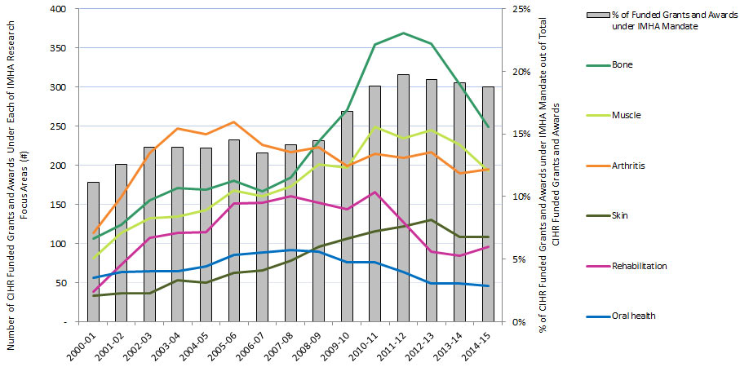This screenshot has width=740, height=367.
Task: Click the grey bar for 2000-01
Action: click(x=93, y=252)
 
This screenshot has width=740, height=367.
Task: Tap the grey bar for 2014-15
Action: click(x=488, y=204)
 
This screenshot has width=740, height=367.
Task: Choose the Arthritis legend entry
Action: click(x=628, y=166)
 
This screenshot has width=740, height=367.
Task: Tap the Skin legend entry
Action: click(x=622, y=215)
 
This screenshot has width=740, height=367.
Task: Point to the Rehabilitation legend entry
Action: click(x=640, y=266)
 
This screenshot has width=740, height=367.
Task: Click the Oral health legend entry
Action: click(x=634, y=316)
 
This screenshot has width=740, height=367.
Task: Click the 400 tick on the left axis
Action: click(x=60, y=9)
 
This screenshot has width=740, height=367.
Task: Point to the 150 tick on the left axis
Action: click(x=60, y=205)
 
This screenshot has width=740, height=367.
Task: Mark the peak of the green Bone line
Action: click(x=403, y=33)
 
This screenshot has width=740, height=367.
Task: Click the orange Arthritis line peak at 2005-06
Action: click(x=234, y=122)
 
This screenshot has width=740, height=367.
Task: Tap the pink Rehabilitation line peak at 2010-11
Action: click(x=374, y=192)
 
